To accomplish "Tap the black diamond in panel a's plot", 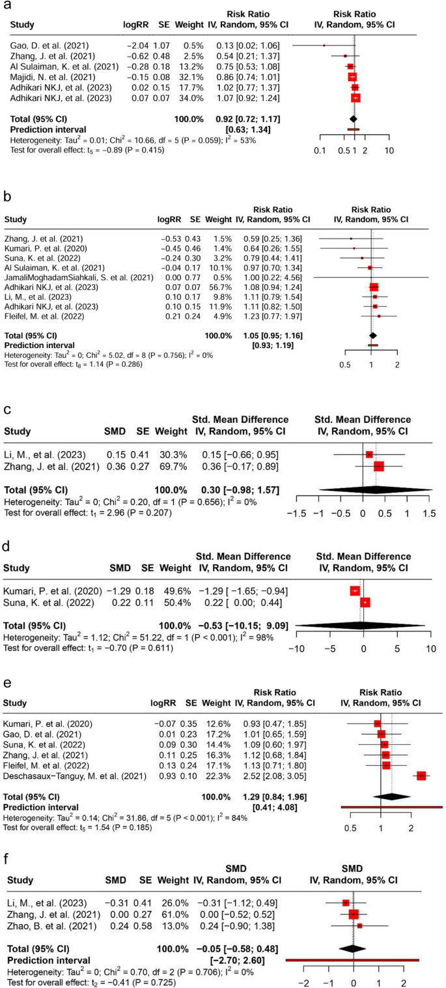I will [353, 119].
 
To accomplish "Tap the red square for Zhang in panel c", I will [378, 466].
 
